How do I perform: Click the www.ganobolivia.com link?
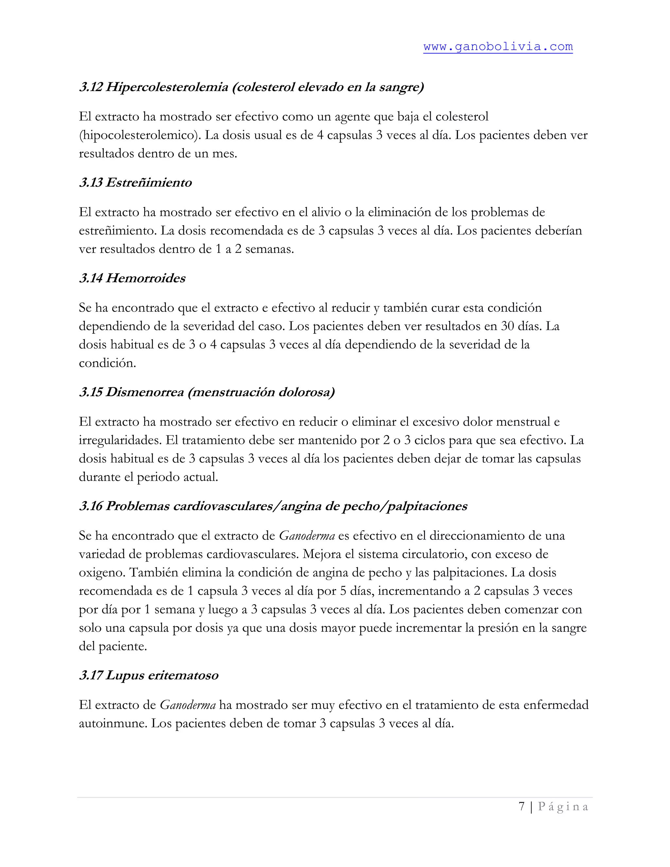tap(498, 47)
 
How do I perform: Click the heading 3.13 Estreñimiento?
tap(135, 183)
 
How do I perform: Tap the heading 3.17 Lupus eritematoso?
tap(149, 675)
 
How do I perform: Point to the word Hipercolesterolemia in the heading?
tap(167, 87)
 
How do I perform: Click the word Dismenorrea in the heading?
tap(145, 392)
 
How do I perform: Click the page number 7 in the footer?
tap(521, 807)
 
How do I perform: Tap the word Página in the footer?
tap(563, 807)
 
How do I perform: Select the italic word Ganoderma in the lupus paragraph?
tap(187, 705)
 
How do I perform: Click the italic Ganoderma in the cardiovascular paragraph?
tap(307, 536)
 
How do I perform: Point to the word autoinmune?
tap(113, 723)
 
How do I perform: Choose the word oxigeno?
tap(102, 573)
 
